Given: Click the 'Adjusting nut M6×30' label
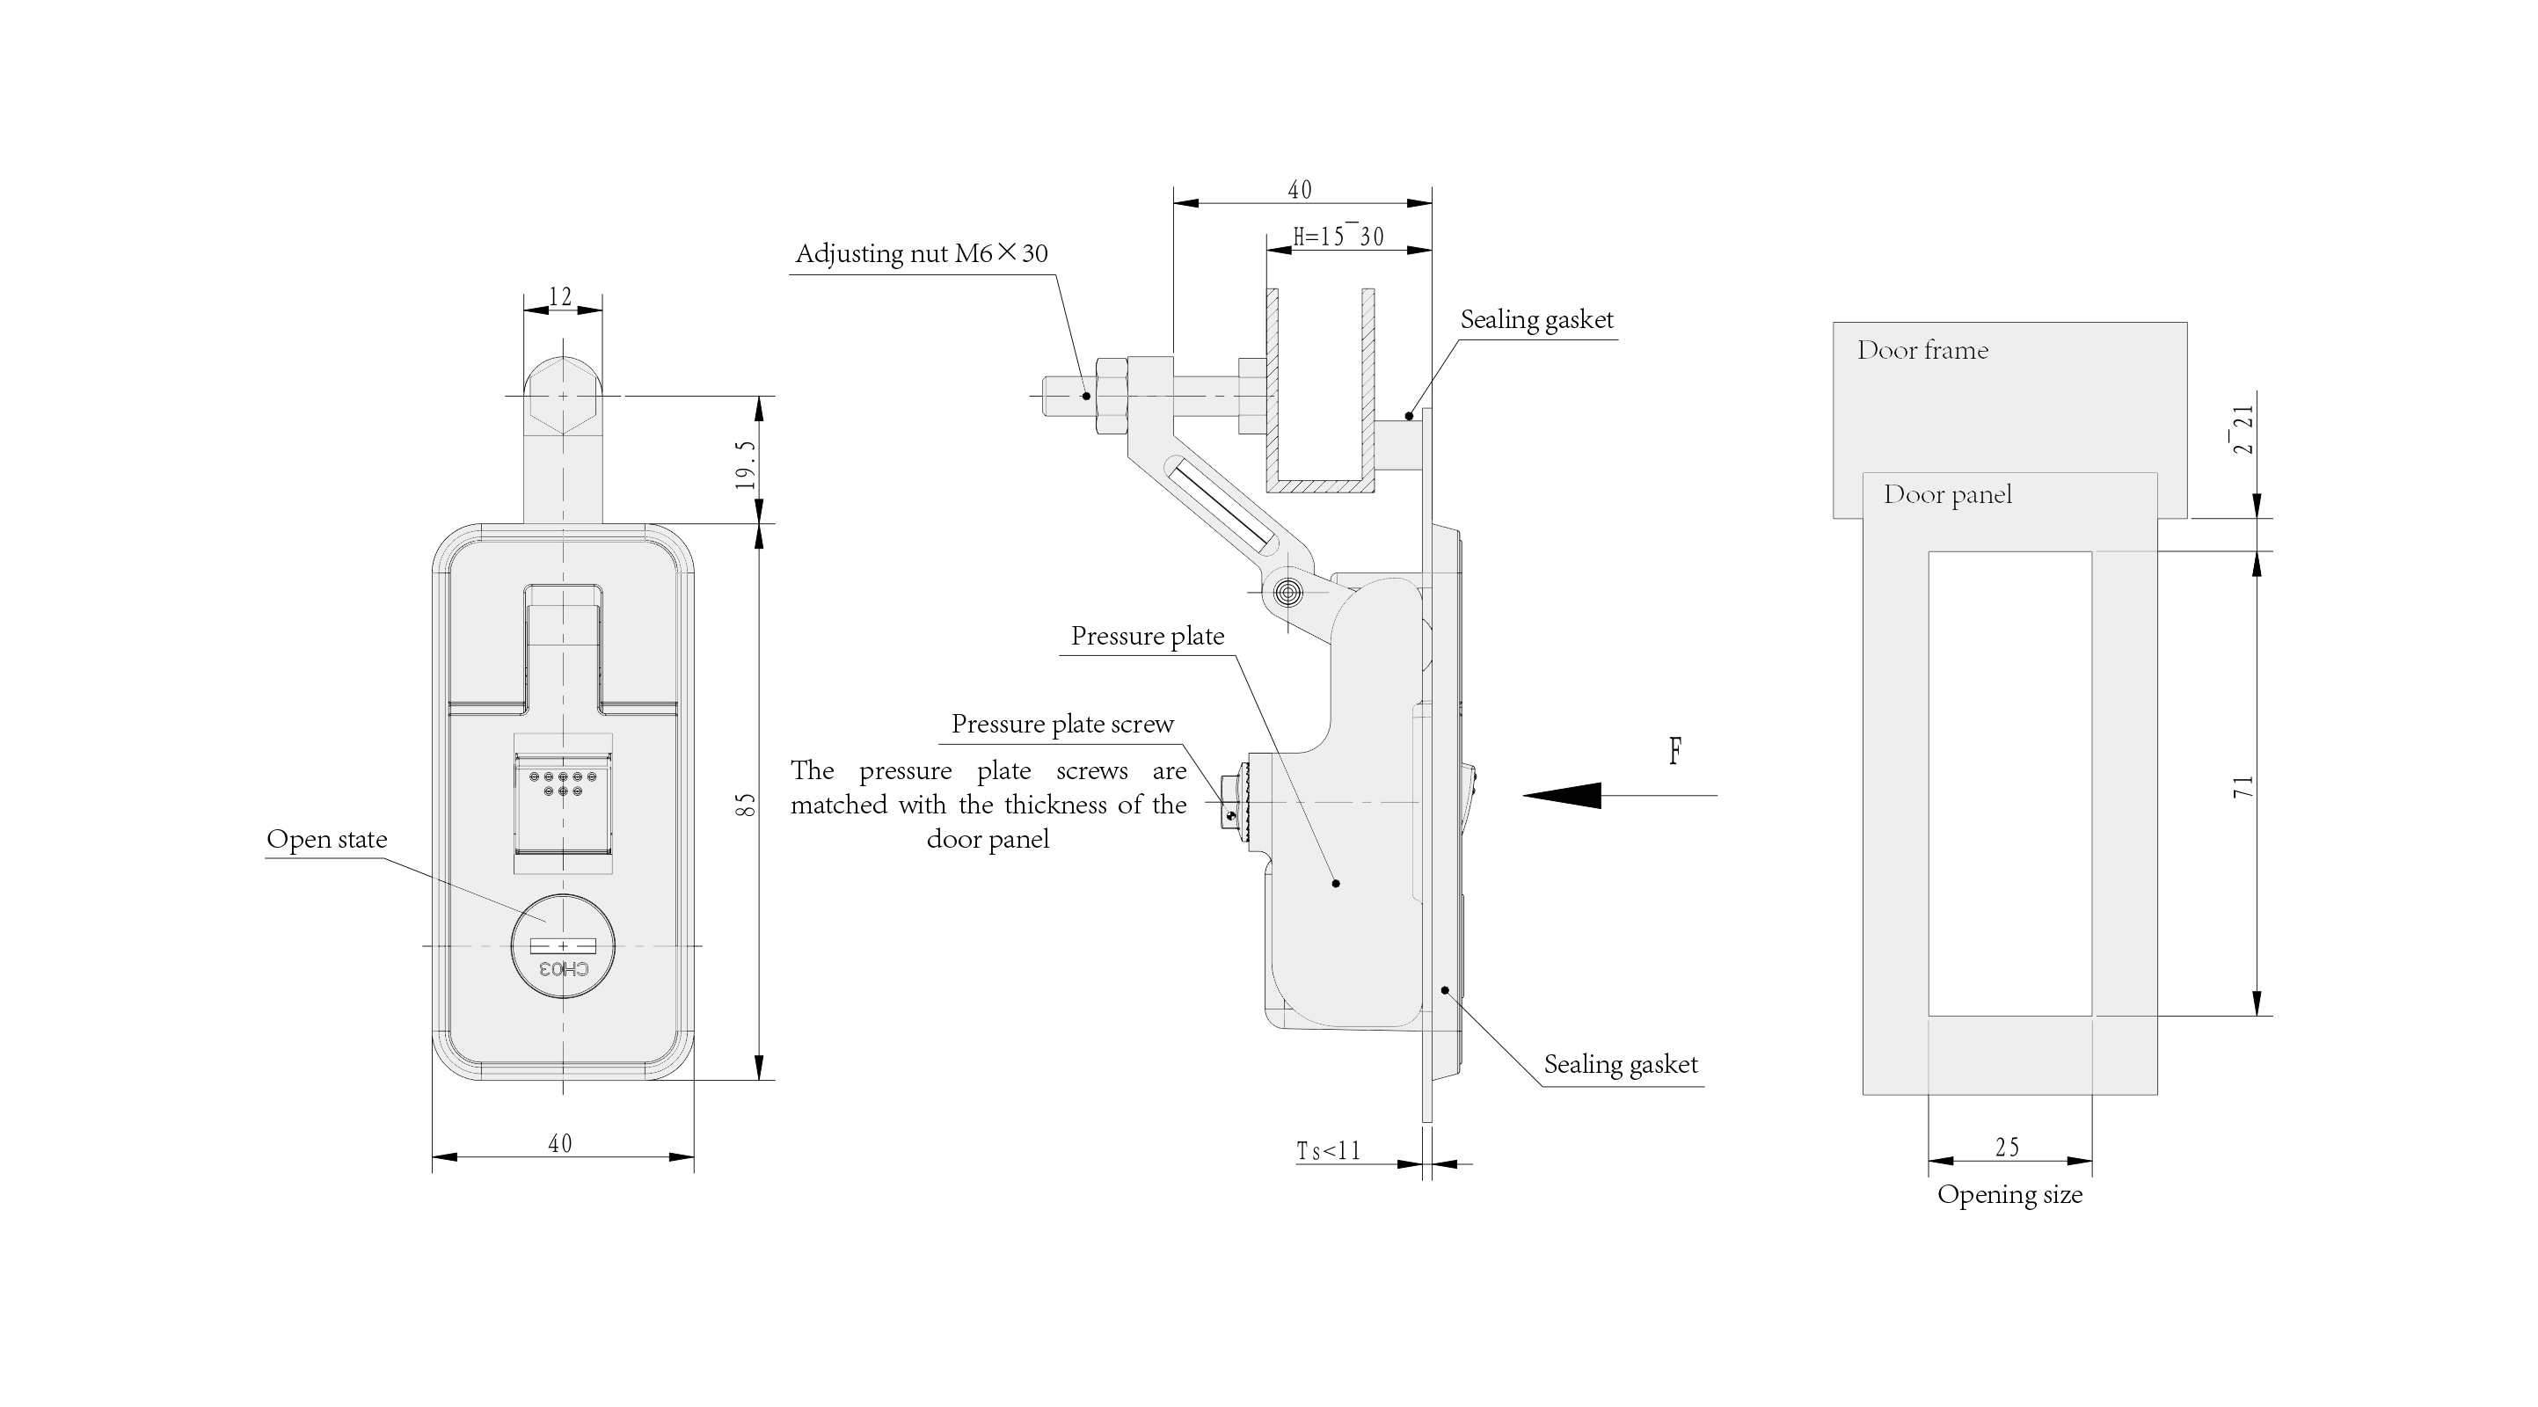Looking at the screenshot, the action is click(922, 253).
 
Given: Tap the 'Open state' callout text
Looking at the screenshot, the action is click(327, 840).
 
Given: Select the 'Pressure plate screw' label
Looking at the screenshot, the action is click(1062, 725).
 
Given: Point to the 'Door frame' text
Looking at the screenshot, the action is click(1922, 350).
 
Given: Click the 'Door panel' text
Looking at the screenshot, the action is click(1947, 494).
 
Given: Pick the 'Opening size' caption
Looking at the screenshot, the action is click(2009, 1195).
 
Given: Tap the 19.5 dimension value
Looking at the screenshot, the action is click(746, 465).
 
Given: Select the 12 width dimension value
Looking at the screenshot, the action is click(560, 296).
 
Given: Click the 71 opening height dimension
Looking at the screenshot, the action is click(2243, 786).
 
